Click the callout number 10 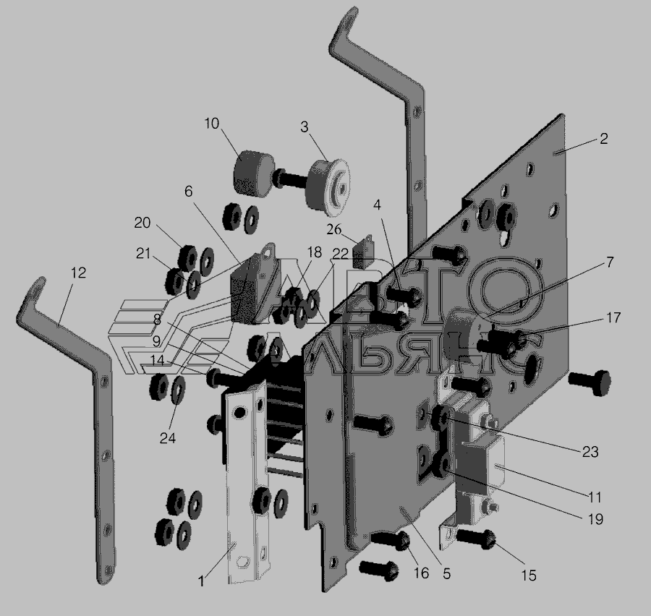[212, 124]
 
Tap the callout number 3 [305, 127]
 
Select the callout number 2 [604, 138]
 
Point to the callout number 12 [78, 273]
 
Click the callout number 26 [333, 229]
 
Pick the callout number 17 [613, 317]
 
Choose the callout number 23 [590, 452]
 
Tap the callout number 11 [594, 497]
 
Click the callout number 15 [529, 576]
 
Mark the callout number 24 [167, 438]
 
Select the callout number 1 [201, 581]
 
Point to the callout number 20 [142, 223]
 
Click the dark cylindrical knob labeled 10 [253, 173]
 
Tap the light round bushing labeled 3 [328, 188]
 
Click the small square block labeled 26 [362, 252]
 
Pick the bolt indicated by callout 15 [476, 539]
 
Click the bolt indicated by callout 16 [391, 541]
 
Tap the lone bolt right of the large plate [590, 382]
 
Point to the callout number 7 [610, 262]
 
